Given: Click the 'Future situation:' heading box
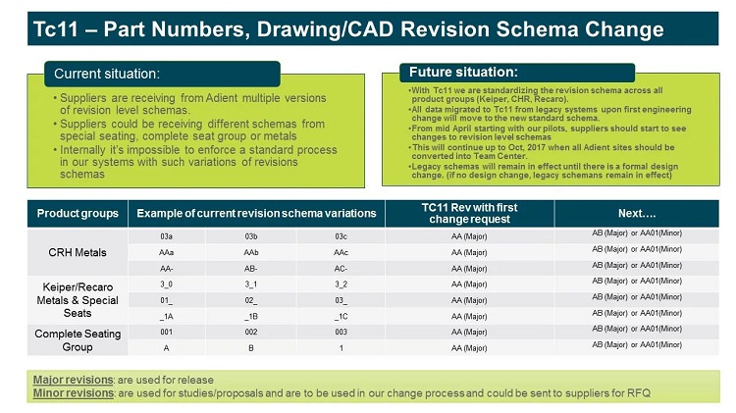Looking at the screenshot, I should (462, 72).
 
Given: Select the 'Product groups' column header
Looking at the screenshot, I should (78, 214).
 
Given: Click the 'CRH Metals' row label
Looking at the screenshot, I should (78, 251).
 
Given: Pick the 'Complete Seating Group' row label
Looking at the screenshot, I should (78, 339).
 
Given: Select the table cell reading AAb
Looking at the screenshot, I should (254, 251).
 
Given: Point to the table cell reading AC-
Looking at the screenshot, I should (340, 267).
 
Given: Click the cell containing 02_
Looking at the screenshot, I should (254, 299).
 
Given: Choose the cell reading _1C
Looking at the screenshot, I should (340, 316).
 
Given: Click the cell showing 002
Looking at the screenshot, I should (254, 332).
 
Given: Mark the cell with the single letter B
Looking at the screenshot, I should (254, 347).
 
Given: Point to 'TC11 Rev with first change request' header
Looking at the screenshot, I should (469, 212).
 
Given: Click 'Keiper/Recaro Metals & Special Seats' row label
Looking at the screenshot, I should (78, 299).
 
